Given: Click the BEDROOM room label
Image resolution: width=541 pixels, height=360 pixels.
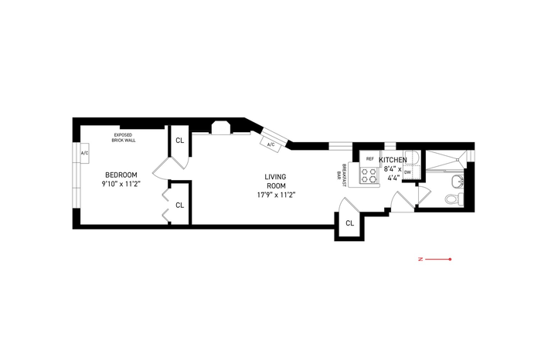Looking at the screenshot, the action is [121, 175].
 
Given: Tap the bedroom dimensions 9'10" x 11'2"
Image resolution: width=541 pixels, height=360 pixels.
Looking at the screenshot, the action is [121, 184].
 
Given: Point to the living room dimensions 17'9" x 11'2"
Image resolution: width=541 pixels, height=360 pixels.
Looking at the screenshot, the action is [275, 195].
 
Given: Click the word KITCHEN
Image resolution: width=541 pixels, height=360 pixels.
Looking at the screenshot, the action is [393, 160].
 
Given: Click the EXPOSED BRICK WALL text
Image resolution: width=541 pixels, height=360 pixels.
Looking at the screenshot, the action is [123, 138].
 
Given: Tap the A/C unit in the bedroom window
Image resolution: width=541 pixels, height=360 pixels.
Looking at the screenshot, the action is [84, 153].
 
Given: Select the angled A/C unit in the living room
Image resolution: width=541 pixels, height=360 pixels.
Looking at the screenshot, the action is [271, 144].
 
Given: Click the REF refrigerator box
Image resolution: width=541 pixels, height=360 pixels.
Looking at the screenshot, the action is [370, 159].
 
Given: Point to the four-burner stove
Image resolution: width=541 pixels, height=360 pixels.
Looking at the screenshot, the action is [369, 175].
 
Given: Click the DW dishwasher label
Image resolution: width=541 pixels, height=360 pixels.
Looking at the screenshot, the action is [407, 172].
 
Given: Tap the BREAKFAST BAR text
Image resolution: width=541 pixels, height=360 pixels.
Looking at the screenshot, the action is [342, 175].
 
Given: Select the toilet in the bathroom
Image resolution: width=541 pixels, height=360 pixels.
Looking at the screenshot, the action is [454, 199].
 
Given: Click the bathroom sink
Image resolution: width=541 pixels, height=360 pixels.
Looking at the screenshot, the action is [458, 180].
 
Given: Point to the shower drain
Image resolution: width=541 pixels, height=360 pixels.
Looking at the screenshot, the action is [458, 160].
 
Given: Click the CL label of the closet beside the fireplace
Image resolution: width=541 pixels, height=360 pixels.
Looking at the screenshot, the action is [180, 141].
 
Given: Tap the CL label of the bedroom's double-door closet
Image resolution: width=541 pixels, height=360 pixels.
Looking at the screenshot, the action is [180, 205].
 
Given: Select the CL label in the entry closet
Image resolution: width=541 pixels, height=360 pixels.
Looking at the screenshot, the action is [350, 223].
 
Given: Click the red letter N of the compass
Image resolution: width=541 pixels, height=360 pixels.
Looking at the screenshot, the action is [420, 259].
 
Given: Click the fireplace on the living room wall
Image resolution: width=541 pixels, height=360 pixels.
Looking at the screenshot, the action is [221, 127].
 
